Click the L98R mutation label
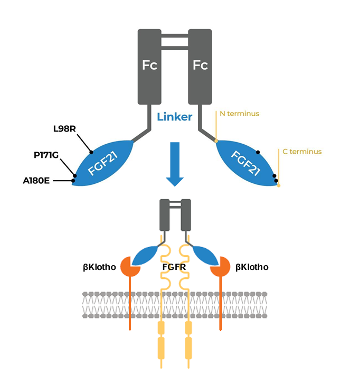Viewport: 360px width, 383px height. [x=64, y=129]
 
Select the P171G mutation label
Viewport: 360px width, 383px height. [x=45, y=155]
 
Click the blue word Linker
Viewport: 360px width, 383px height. [x=174, y=117]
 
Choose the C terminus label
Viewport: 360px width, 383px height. [x=302, y=152]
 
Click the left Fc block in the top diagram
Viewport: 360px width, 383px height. [x=149, y=66]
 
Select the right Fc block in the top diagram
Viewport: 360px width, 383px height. [x=200, y=66]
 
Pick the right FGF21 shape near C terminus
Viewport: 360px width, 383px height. [x=246, y=163]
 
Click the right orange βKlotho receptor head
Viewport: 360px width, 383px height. [x=220, y=267]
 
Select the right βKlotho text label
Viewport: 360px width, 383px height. [x=252, y=267]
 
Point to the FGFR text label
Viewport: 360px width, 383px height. [x=174, y=267]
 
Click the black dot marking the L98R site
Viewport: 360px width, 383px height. [x=91, y=151]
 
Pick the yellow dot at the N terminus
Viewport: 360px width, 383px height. [x=216, y=141]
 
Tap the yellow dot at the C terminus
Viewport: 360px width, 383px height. [x=279, y=185]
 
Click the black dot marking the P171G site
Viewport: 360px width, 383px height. [x=75, y=176]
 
